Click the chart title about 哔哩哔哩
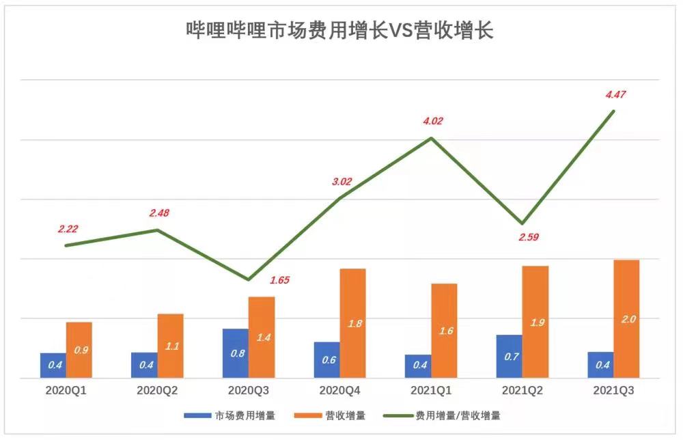pyautogui.click(x=339, y=31)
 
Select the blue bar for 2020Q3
pyautogui.click(x=236, y=353)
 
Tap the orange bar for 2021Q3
pyautogui.click(x=626, y=319)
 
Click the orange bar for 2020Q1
pyautogui.click(x=79, y=350)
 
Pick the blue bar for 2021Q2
pyautogui.click(x=510, y=356)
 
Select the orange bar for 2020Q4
pyautogui.click(x=353, y=323)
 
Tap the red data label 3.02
pyautogui.click(x=341, y=182)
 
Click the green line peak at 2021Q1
pyautogui.click(x=431, y=138)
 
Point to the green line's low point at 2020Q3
pyautogui.click(x=249, y=280)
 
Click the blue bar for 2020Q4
pyautogui.click(x=326, y=360)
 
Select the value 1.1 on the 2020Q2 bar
pyautogui.click(x=171, y=346)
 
